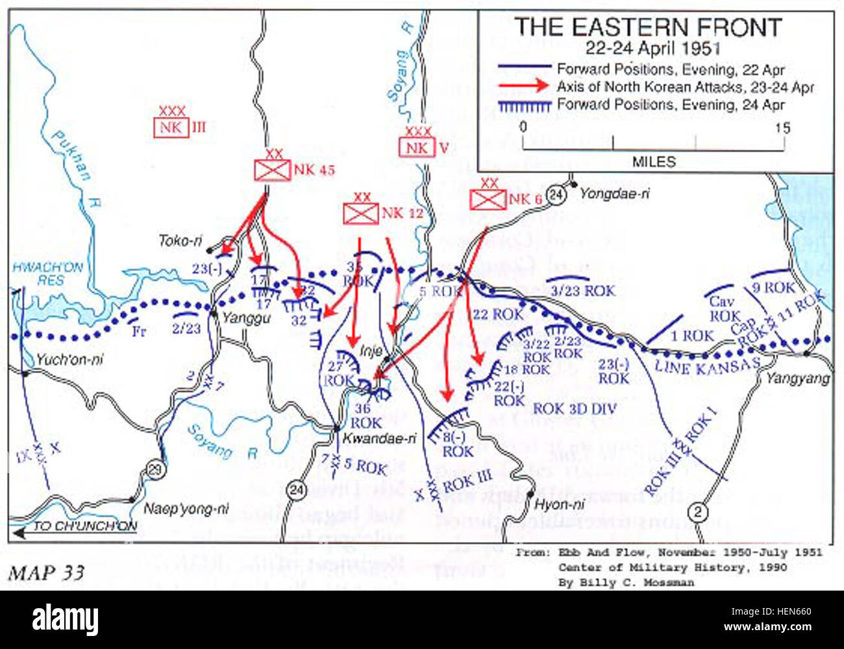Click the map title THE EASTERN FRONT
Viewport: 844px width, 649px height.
point(648,27)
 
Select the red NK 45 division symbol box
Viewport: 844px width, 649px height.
point(271,170)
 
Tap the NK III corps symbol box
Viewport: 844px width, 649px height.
point(171,127)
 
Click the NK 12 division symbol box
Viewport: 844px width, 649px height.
point(360,213)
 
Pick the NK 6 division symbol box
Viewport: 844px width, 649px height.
point(488,199)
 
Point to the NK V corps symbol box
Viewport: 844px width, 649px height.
point(416,147)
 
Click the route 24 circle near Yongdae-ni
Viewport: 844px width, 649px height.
point(556,194)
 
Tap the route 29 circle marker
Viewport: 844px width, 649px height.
point(156,470)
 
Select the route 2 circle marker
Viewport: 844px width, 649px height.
point(697,512)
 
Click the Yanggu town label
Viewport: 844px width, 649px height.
point(246,318)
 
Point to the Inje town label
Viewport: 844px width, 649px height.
point(371,351)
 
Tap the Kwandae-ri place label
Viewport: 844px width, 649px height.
point(379,438)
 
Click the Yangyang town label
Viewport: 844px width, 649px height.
point(798,378)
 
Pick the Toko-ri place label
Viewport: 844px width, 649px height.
point(180,241)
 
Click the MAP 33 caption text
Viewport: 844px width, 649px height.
point(46,572)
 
